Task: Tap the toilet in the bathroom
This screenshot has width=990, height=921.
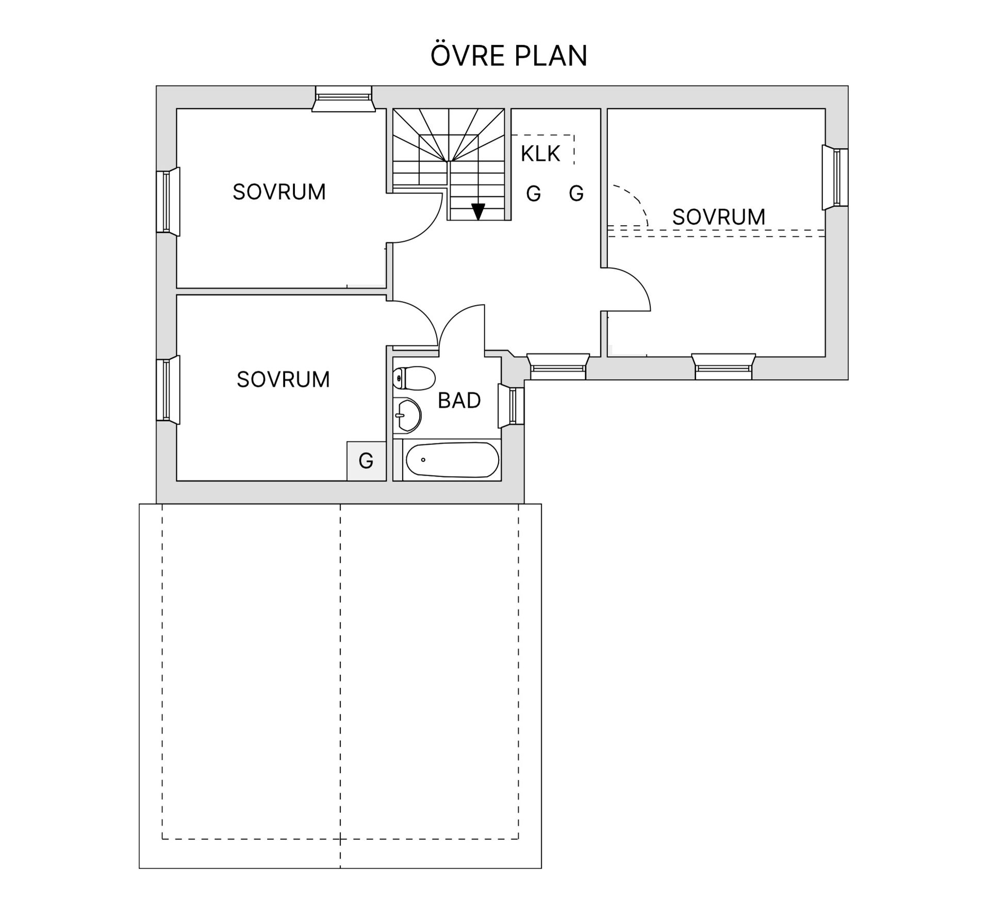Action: click(414, 378)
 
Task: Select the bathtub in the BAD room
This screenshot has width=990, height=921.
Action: click(452, 460)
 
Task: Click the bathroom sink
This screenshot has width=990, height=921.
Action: click(407, 415)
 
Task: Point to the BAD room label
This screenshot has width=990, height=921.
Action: click(459, 400)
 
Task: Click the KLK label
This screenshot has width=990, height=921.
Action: click(540, 154)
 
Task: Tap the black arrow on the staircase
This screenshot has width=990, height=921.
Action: click(478, 211)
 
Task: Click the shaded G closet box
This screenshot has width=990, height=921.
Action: click(366, 461)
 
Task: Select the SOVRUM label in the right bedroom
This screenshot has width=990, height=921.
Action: click(718, 217)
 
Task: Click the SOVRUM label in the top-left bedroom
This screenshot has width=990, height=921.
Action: click(279, 192)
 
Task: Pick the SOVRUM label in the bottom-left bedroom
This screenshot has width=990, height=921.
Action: click(283, 379)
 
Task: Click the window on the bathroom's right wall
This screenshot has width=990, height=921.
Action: click(511, 406)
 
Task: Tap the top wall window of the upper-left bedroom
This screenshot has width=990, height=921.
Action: click(343, 98)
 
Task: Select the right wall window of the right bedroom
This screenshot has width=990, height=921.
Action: click(835, 177)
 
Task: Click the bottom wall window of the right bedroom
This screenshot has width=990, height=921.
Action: click(723, 366)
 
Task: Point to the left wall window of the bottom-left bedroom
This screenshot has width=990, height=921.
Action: click(168, 390)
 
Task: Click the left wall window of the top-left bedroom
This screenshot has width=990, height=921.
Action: click(168, 202)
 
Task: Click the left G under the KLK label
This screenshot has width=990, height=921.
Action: click(533, 194)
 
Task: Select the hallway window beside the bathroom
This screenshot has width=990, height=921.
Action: click(558, 366)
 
